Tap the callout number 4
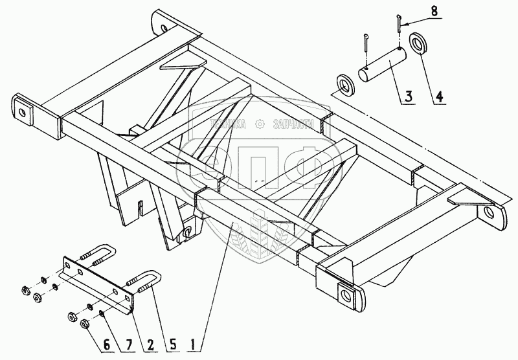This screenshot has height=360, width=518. pos(440,98)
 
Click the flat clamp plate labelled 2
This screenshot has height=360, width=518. pos(97,279)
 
